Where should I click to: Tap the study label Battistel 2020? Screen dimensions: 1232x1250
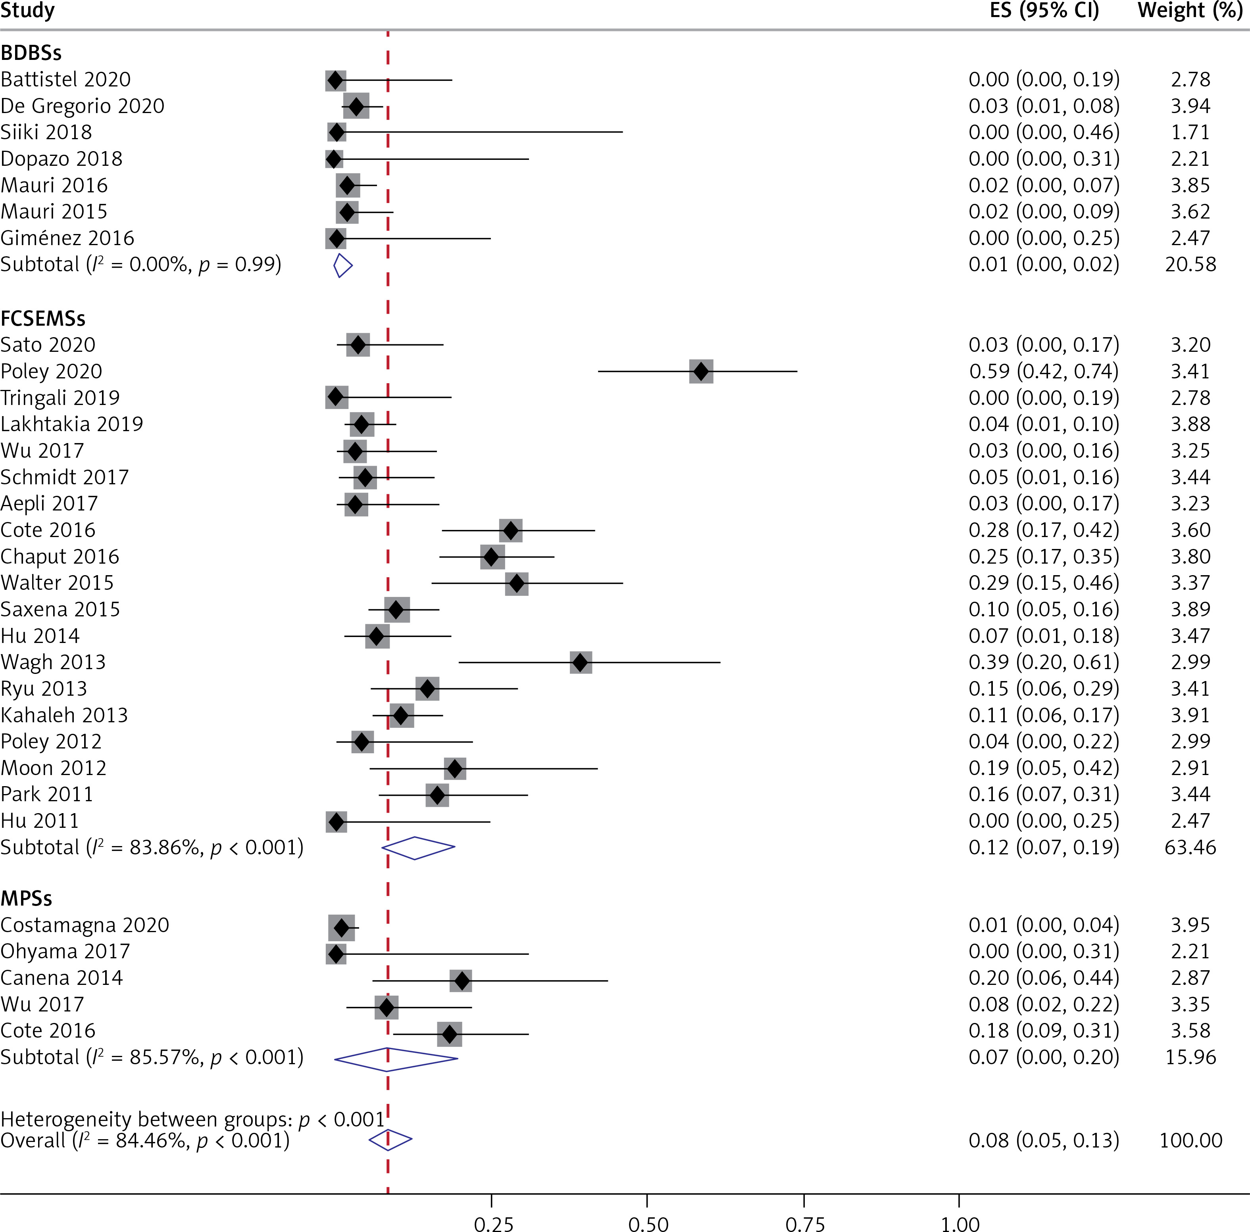tap(65, 80)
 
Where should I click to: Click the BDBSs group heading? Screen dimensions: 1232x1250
tap(31, 53)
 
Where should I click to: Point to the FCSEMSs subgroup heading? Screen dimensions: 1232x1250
tap(43, 318)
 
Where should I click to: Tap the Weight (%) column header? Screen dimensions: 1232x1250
tap(1189, 11)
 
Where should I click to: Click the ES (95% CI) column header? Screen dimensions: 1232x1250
tap(1044, 11)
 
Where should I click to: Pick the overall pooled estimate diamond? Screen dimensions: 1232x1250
tap(390, 1140)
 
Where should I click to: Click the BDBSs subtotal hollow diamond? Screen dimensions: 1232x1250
tap(342, 265)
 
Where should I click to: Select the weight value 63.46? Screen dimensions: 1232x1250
tap(1190, 847)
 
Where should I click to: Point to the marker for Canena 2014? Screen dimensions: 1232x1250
tap(461, 981)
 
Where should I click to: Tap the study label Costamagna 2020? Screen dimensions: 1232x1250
tap(85, 925)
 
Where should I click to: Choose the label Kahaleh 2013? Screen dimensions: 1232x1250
tap(64, 715)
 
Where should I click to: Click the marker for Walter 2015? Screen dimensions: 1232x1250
tap(516, 583)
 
